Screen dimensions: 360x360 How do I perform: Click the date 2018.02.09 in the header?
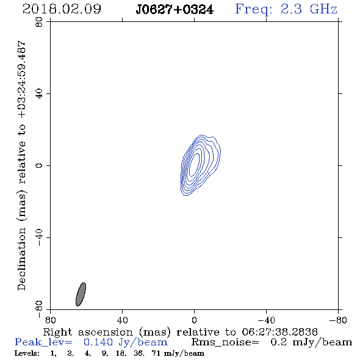(62, 9)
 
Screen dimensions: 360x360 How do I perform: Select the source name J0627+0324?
(175, 10)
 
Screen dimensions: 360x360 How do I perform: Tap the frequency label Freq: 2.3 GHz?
(286, 10)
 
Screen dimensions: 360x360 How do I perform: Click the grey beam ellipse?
(81, 294)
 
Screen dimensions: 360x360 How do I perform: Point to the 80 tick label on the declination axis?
(39, 22)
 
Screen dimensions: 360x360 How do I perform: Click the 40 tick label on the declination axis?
(39, 94)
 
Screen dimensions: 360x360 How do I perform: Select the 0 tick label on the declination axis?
(39, 165)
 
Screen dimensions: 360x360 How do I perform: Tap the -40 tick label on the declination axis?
(39, 237)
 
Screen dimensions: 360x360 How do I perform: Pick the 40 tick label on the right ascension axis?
(122, 320)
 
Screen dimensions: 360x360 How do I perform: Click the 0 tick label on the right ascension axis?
(194, 320)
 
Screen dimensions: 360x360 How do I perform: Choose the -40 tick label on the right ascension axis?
(266, 320)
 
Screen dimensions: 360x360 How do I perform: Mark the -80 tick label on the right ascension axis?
(338, 320)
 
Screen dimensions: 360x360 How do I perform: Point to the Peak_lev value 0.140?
(98, 342)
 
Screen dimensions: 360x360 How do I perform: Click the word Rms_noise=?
(225, 342)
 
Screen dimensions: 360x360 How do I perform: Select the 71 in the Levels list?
(156, 353)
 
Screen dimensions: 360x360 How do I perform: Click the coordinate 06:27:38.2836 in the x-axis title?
(279, 332)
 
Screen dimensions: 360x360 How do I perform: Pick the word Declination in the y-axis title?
(21, 259)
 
